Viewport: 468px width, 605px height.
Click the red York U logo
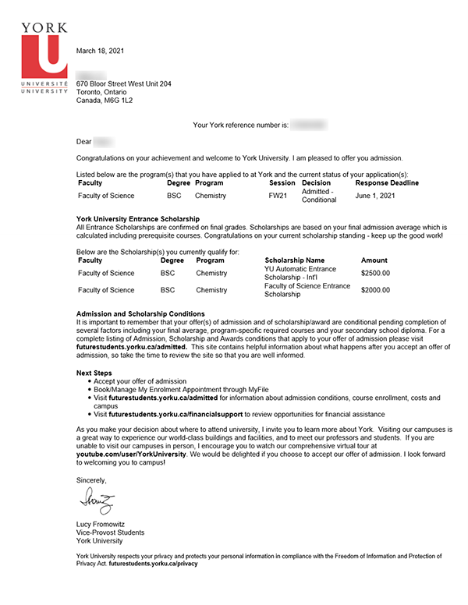coord(45,55)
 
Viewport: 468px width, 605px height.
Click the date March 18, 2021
coord(101,51)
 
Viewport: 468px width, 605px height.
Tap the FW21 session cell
coord(278,196)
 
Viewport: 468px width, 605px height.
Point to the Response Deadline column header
coord(387,183)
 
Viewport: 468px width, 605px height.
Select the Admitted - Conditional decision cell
coord(319,196)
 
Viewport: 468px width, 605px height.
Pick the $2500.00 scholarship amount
coord(375,274)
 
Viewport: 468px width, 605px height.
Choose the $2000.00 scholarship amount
coord(375,290)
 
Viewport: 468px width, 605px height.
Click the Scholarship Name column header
coord(294,260)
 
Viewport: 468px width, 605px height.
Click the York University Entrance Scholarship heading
coord(138,219)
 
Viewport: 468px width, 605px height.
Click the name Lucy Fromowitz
coord(104,524)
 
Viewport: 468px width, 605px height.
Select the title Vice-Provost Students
coord(110,532)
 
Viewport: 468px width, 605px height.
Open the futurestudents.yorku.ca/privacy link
coord(154,562)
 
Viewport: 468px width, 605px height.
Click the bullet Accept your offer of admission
coord(140,381)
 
